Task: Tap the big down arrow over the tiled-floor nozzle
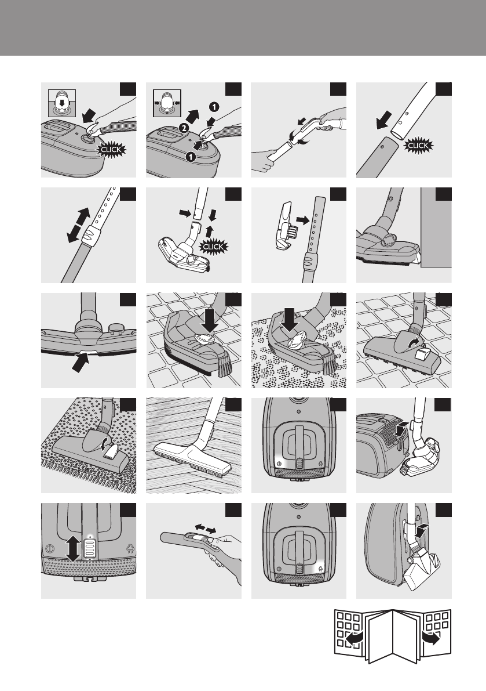(x=204, y=319)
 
